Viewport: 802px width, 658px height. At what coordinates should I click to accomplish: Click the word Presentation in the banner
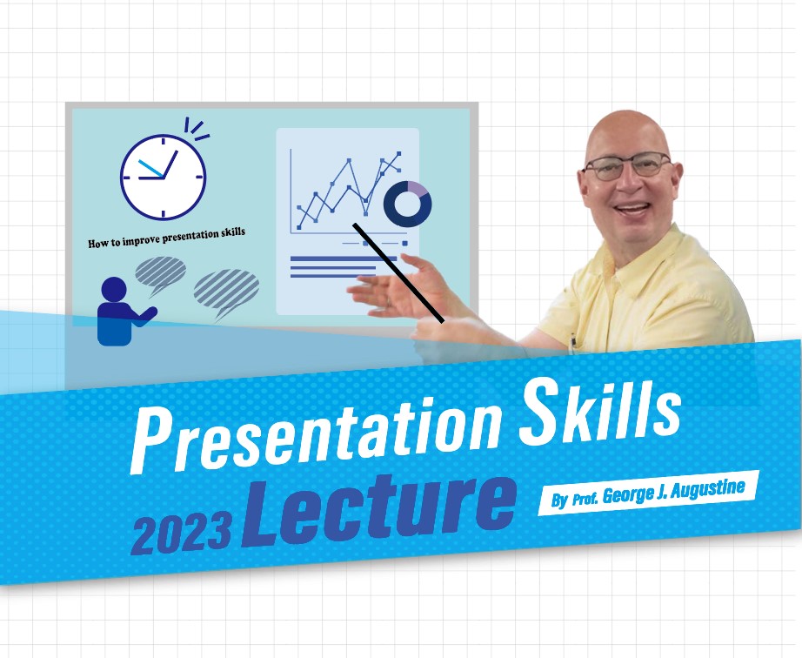pyautogui.click(x=316, y=438)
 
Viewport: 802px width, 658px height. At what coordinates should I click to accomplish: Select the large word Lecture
pyautogui.click(x=378, y=510)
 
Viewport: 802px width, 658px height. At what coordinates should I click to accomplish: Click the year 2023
pyautogui.click(x=181, y=534)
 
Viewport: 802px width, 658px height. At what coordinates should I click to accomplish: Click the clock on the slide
pyautogui.click(x=164, y=178)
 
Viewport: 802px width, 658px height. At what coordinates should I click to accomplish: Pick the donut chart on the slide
pyautogui.click(x=408, y=204)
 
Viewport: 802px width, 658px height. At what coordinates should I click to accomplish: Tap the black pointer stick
pyautogui.click(x=398, y=272)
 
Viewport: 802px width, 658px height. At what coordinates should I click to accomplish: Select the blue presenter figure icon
pyautogui.click(x=123, y=312)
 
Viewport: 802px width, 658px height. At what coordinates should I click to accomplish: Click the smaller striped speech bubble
pyautogui.click(x=160, y=274)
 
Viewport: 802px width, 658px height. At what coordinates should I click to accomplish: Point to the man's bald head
pyautogui.click(x=627, y=132)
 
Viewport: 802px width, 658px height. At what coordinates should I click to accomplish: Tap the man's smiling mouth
pyautogui.click(x=632, y=209)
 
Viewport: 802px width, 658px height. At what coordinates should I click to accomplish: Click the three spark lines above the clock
pyautogui.click(x=197, y=129)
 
